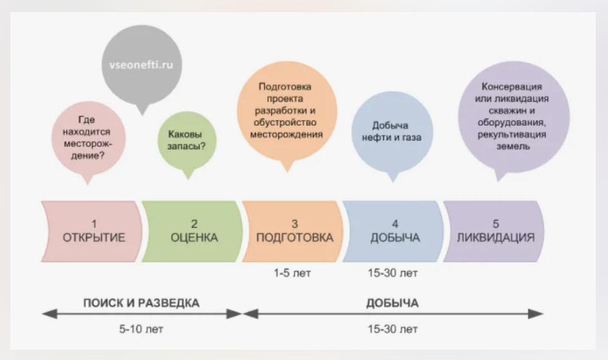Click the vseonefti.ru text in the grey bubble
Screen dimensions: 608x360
[143, 65]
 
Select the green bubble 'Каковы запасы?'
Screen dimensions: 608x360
[187, 141]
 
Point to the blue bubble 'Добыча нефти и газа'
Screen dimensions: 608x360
[390, 131]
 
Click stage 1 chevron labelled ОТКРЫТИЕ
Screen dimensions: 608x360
[94, 231]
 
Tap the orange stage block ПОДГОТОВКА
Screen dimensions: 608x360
[294, 231]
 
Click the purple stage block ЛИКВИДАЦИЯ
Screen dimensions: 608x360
[495, 231]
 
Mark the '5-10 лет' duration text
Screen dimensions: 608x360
[142, 330]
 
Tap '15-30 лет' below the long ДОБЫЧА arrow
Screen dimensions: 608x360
[392, 330]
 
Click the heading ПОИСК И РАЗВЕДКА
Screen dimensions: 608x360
[141, 302]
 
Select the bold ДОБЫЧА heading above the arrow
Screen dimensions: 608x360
[392, 302]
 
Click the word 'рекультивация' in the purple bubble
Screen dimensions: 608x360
[512, 134]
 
